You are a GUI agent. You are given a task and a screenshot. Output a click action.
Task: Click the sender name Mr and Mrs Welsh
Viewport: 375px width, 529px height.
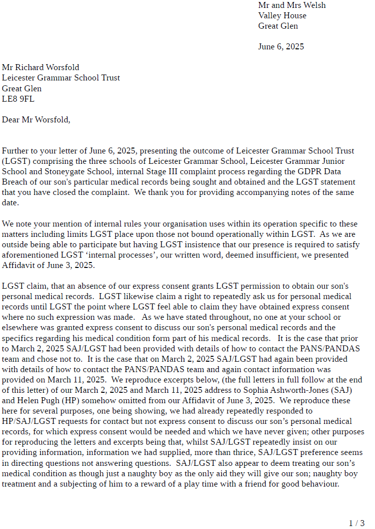click(292, 5)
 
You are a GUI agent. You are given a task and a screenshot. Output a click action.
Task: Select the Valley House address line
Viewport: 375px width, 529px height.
click(282, 15)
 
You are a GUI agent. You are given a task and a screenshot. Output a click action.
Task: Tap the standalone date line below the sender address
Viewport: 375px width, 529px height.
click(281, 47)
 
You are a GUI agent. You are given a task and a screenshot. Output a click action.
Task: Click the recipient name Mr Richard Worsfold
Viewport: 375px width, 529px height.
click(40, 67)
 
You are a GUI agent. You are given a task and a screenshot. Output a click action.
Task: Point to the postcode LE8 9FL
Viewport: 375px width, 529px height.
click(18, 99)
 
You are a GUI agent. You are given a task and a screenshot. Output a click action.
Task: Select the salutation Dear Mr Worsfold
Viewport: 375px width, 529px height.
click(36, 119)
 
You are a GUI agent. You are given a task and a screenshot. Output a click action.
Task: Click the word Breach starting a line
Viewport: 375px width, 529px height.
click(15, 182)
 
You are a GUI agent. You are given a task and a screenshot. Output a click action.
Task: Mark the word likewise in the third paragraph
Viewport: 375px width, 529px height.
click(138, 297)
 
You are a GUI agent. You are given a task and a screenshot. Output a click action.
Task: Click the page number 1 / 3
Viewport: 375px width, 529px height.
click(357, 523)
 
